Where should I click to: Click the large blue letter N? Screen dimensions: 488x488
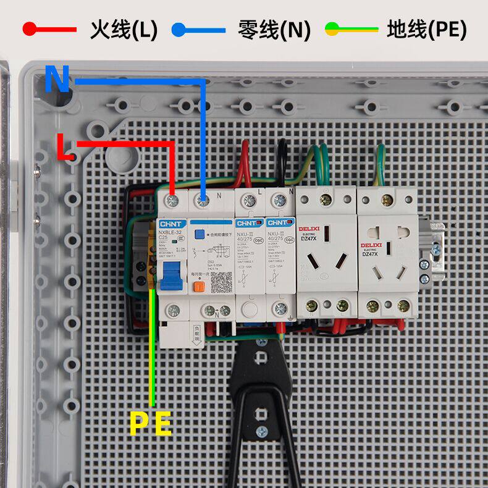[57, 79]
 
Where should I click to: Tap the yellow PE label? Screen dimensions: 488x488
[150, 424]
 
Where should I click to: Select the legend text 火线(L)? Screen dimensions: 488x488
[124, 29]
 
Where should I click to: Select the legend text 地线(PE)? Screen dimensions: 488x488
[426, 29]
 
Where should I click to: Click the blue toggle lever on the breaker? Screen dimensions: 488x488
[170, 276]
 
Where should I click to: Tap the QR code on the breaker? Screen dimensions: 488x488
[222, 282]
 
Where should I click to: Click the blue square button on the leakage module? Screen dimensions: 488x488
[200, 234]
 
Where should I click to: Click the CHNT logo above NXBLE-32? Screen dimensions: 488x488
[170, 223]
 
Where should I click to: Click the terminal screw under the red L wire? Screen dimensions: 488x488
[173, 200]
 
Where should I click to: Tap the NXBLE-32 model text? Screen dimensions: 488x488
[170, 232]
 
